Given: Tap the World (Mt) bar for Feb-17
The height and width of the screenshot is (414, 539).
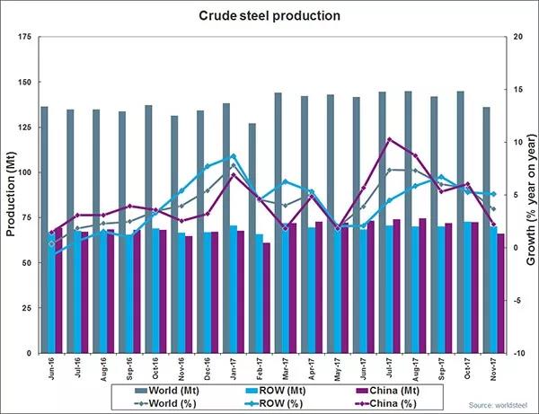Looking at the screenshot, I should (252, 238).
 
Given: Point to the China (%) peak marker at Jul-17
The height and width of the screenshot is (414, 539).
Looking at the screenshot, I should (389, 139).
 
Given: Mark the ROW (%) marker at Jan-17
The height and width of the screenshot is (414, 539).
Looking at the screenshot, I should (234, 156).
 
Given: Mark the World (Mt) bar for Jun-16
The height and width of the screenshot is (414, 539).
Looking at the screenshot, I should (44, 230).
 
